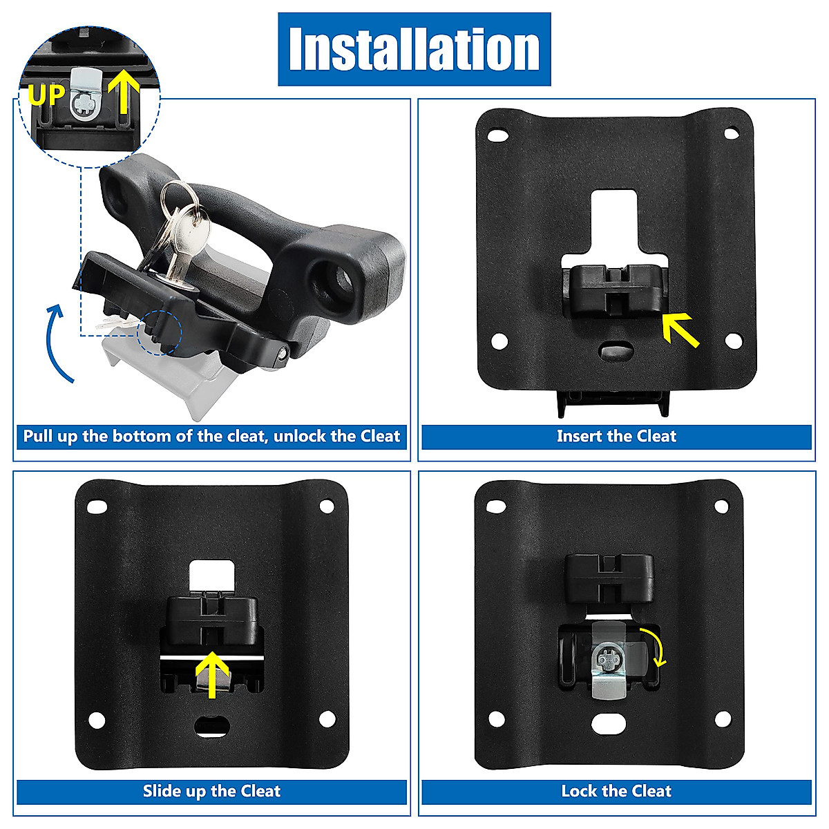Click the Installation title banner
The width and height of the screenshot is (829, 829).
coord(414,49)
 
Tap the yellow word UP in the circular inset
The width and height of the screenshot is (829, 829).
coord(46,94)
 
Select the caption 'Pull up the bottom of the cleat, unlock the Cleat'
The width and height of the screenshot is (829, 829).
coord(211,437)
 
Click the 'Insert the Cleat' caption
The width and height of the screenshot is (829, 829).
coord(616,437)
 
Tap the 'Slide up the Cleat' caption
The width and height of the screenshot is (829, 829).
coord(211,791)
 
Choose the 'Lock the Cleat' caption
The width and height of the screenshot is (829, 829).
coord(616,791)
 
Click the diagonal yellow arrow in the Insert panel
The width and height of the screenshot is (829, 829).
coord(680,329)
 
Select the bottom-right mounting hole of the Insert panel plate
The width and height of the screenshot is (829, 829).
coord(733,340)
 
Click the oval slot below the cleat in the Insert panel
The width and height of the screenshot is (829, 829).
coord(616,351)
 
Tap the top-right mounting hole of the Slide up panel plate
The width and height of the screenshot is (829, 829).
coord(327,506)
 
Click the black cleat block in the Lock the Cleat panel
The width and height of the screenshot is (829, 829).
coord(609,579)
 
